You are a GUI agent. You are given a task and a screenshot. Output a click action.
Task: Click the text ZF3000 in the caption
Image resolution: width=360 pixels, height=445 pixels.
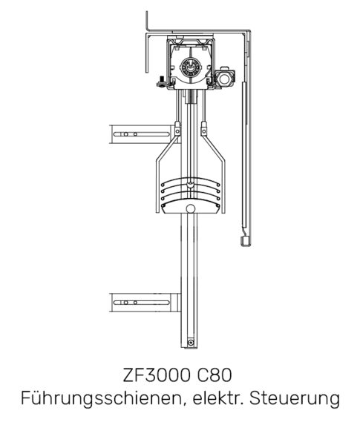click(157, 375)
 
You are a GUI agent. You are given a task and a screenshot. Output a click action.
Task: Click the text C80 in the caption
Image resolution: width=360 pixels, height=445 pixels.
click(215, 375)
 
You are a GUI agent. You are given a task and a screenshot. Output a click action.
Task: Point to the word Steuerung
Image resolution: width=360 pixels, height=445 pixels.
click(295, 398)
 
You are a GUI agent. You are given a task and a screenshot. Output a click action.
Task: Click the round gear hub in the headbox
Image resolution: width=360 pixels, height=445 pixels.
click(190, 67)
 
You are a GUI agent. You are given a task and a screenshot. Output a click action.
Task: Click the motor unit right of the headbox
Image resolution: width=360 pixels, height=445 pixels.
click(225, 78)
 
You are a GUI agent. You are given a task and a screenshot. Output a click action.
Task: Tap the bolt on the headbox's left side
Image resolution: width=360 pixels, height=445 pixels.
click(161, 82)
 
